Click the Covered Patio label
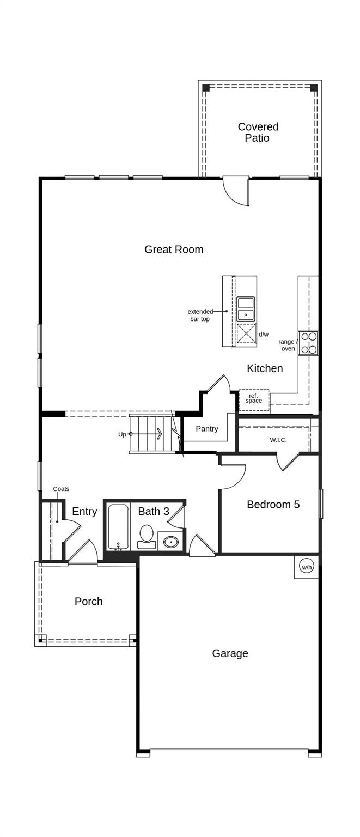click(x=258, y=132)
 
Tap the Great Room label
click(x=174, y=250)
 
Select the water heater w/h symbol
click(x=307, y=567)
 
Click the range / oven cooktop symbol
click(x=308, y=343)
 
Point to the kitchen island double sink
click(x=246, y=309)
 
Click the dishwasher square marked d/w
click(x=246, y=333)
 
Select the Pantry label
click(x=207, y=429)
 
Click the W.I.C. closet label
click(x=278, y=440)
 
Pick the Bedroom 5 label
click(x=273, y=505)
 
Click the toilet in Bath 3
click(x=146, y=535)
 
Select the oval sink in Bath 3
click(x=171, y=542)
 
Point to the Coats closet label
click(x=61, y=489)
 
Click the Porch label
click(x=88, y=602)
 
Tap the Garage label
click(x=230, y=653)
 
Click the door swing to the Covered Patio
click(x=236, y=192)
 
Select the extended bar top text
click(x=200, y=316)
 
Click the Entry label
click(x=84, y=512)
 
